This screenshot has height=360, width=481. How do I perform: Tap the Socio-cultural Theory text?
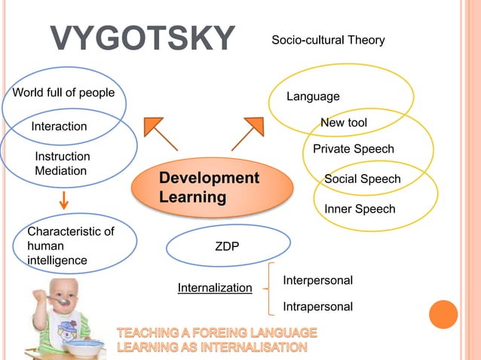tap(328, 39)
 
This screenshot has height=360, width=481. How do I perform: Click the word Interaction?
tap(59, 126)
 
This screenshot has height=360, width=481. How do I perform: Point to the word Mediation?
tap(61, 171)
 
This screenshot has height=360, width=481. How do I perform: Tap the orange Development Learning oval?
tap(212, 188)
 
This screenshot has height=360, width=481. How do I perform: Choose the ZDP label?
tap(228, 246)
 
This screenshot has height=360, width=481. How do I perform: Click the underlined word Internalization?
tap(215, 288)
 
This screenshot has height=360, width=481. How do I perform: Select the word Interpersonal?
tap(317, 280)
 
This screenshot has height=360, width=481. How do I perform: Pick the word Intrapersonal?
tap(317, 307)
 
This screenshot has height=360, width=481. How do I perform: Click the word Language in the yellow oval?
tap(313, 96)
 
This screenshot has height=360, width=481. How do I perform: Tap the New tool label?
tap(344, 123)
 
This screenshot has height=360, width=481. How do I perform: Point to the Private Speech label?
tap(354, 149)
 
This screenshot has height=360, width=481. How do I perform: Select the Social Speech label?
tap(362, 178)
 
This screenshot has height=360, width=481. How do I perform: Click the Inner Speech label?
tap(360, 209)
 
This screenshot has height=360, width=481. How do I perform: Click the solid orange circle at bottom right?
tap(443, 314)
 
